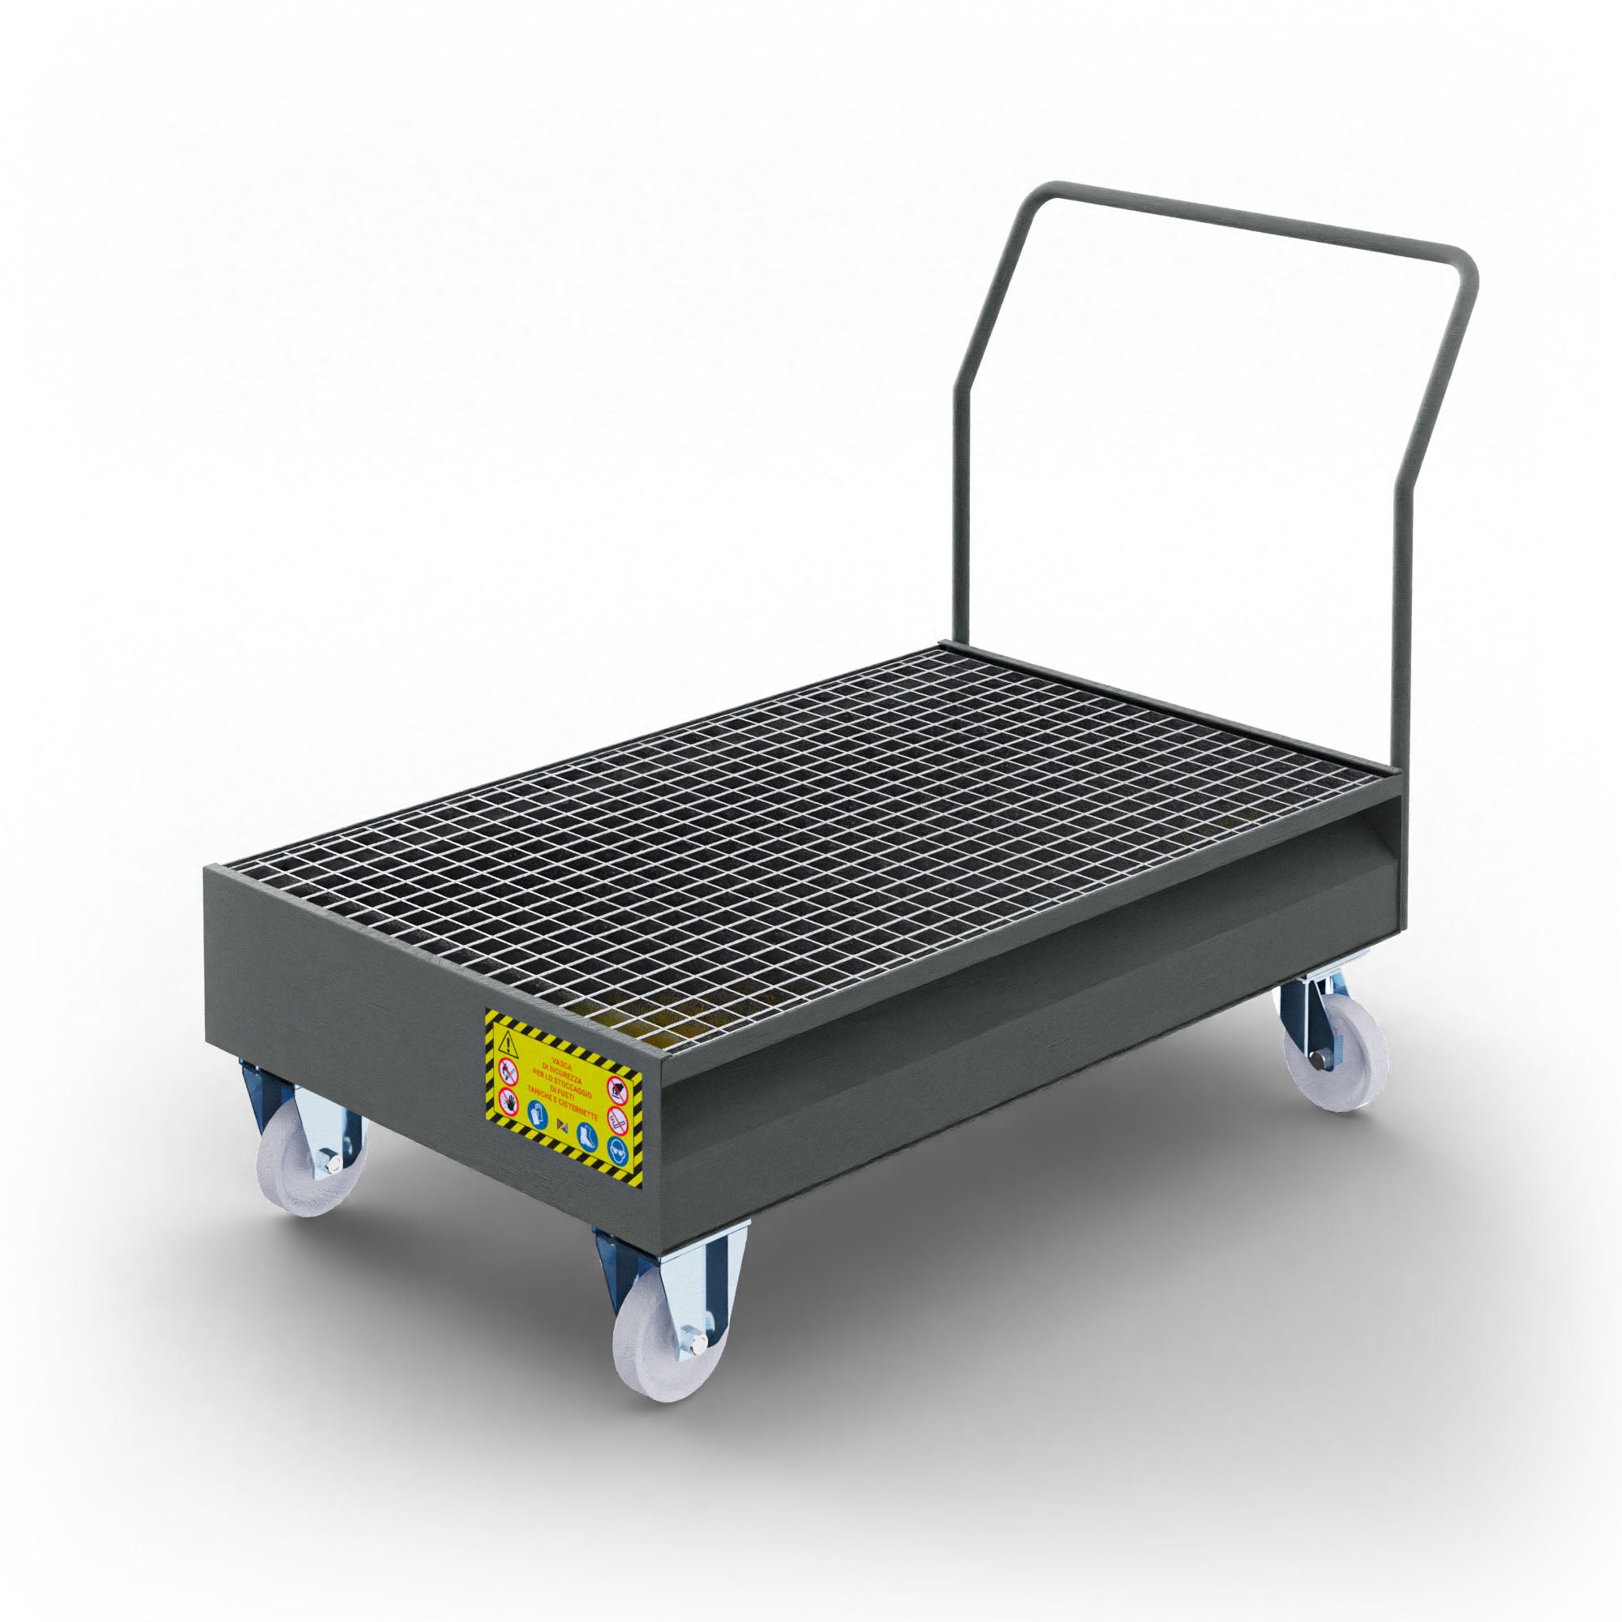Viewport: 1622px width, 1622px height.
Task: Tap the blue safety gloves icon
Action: [x=539, y=1115]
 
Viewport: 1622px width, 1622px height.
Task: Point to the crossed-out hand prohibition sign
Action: [x=509, y=1102]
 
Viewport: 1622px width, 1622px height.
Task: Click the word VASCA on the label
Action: [x=563, y=1064]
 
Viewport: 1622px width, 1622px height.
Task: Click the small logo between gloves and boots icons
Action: [x=563, y=1126]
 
